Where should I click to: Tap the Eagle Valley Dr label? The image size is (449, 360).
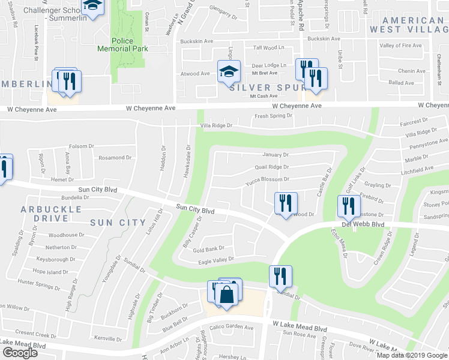tap(212, 259)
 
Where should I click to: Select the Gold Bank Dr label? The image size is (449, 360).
tap(208, 248)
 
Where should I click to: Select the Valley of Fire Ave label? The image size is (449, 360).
tap(402, 46)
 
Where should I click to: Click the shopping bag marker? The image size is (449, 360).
tap(227, 295)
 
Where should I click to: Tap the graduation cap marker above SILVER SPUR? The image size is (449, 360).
tap(228, 72)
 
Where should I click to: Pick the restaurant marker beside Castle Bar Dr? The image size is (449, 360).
tap(286, 203)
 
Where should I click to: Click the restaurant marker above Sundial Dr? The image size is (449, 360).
tap(280, 277)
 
